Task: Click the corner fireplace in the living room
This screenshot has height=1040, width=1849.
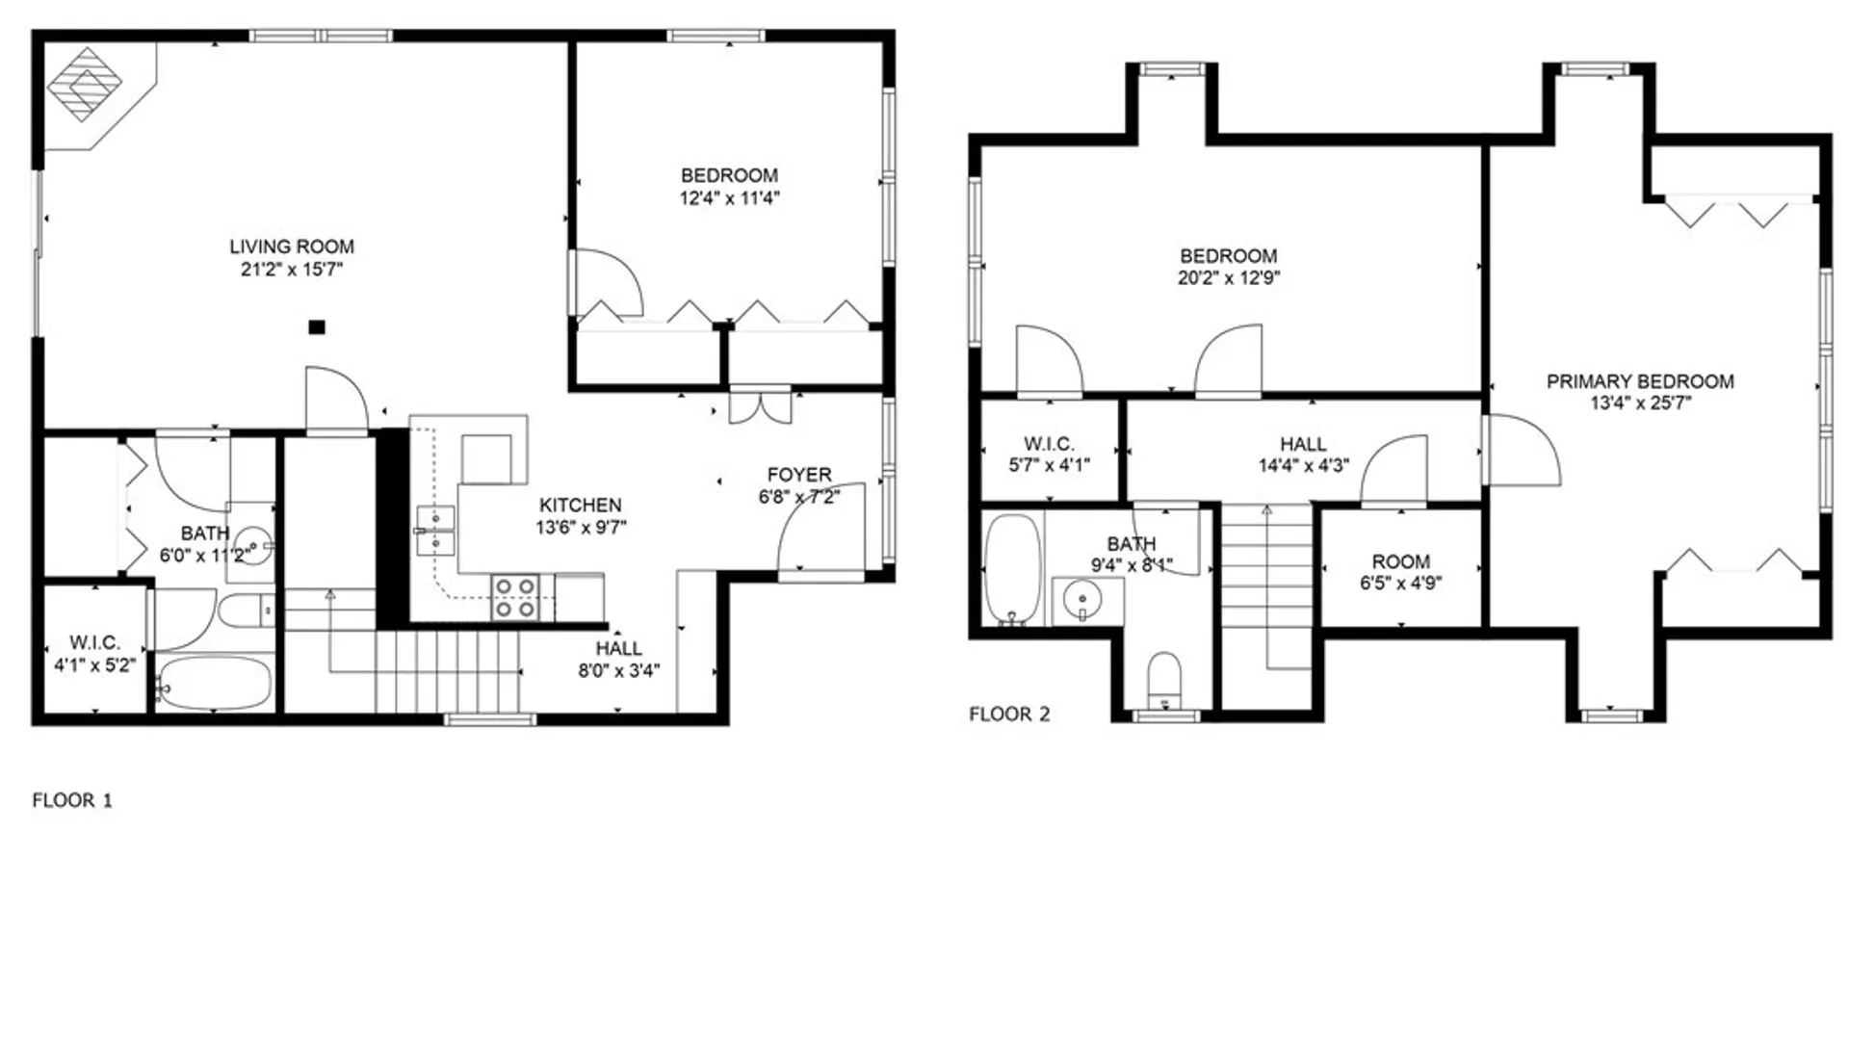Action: (85, 84)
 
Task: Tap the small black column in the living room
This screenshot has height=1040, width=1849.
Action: (316, 327)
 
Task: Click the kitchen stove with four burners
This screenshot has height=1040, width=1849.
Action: (515, 597)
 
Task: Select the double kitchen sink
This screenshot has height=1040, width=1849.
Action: (435, 532)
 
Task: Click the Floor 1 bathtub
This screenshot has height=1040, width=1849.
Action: (214, 683)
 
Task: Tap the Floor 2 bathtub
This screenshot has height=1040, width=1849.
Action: (1012, 569)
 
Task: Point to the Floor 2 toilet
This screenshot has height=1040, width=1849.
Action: (1165, 679)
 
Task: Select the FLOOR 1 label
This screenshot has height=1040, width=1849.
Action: (72, 800)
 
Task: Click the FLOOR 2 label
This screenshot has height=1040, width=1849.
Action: (1009, 715)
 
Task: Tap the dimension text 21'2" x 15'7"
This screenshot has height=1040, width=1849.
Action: (292, 270)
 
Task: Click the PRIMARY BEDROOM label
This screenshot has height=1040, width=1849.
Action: (1640, 381)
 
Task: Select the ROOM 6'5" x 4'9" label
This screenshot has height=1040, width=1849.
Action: (1400, 572)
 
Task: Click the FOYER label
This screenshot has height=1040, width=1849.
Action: (799, 475)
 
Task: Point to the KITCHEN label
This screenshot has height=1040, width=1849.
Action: (580, 505)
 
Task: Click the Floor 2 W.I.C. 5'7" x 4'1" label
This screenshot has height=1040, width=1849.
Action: (1049, 455)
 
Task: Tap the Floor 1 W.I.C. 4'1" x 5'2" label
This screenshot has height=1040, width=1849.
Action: (94, 654)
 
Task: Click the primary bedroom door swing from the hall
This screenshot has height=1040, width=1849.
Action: (1522, 451)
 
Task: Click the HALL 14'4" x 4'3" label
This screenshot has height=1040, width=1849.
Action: (1303, 455)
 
